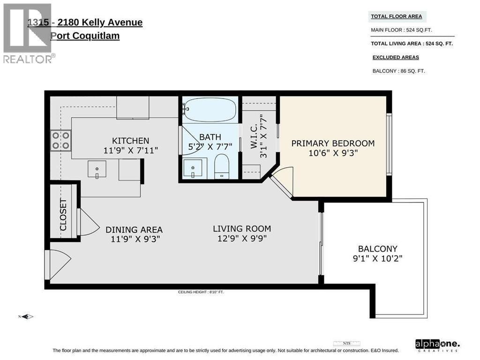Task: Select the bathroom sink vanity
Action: [193, 168]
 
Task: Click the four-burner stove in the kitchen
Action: [61, 140]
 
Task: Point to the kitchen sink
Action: [97, 169]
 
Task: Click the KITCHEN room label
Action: [130, 141]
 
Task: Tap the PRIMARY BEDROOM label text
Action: [333, 143]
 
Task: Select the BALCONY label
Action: [377, 249]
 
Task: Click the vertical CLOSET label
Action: [63, 215]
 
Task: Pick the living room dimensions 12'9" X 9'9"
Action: [242, 239]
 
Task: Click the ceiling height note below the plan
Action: [204, 292]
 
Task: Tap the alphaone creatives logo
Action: [437, 345]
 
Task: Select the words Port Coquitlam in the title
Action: [85, 36]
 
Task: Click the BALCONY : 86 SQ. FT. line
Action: [398, 71]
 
